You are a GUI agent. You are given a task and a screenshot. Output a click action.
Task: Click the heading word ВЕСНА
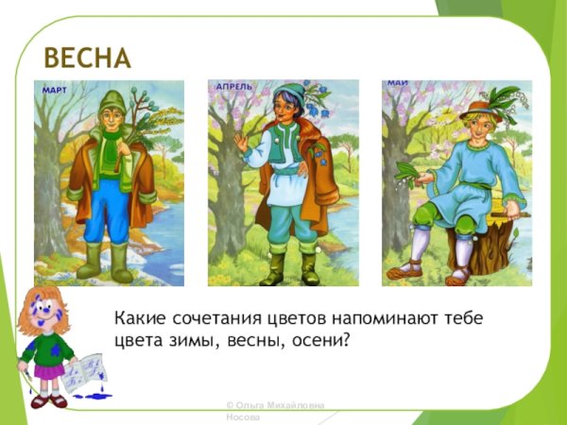pyautogui.click(x=86, y=58)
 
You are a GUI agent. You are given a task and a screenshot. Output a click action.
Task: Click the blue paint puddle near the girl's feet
pyautogui.click(x=94, y=396)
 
